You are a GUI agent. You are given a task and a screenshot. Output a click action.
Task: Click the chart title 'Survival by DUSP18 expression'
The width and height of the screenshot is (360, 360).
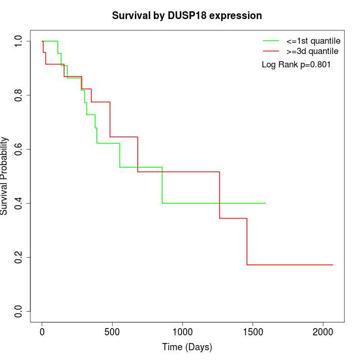pyautogui.click(x=187, y=16)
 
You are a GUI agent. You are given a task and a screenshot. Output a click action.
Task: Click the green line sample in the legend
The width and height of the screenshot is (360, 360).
pyautogui.click(x=271, y=41)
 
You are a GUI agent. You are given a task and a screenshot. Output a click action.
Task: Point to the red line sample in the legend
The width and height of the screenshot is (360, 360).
pyautogui.click(x=271, y=51)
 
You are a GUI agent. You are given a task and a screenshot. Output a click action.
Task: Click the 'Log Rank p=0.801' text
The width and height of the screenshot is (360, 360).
pyautogui.click(x=296, y=65)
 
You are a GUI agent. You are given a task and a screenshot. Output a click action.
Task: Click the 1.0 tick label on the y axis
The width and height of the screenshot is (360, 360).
pyautogui.click(x=19, y=41)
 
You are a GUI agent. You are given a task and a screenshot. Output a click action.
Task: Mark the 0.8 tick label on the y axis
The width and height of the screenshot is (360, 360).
pyautogui.click(x=19, y=95)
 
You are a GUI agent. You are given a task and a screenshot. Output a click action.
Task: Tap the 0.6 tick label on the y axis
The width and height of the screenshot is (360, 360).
pyautogui.click(x=19, y=149)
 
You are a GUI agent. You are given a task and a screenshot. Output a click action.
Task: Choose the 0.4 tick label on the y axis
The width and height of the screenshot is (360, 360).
pyautogui.click(x=19, y=203)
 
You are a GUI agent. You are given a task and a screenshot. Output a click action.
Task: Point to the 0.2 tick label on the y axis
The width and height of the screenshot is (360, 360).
pyautogui.click(x=19, y=257)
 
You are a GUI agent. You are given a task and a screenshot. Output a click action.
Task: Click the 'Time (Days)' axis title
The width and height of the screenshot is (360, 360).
pyautogui.click(x=187, y=347)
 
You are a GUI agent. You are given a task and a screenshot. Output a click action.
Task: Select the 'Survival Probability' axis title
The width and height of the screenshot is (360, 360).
pyautogui.click(x=5, y=176)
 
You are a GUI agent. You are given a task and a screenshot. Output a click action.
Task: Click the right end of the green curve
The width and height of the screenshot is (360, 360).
pyautogui.click(x=265, y=203)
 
